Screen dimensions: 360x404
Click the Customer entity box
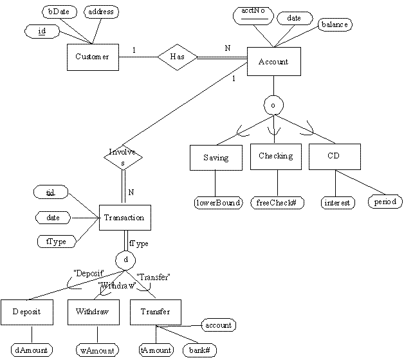tap(92, 57)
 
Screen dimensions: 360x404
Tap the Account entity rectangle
tap(273, 62)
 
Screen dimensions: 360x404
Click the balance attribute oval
tap(334, 24)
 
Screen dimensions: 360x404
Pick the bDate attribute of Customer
tap(59, 12)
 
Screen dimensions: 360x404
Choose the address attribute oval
tap(99, 12)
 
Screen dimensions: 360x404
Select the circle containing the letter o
tap(274, 103)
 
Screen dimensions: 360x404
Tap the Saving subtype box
tap(215, 157)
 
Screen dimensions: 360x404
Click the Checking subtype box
tap(275, 156)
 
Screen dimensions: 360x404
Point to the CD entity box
tap(334, 156)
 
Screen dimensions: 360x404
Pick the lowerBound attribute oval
tap(217, 203)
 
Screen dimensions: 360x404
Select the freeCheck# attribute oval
tap(277, 203)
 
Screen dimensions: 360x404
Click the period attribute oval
tap(385, 202)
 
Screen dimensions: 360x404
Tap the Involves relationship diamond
tap(122, 157)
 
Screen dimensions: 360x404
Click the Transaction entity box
tap(125, 218)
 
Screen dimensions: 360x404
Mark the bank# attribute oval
tap(199, 350)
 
